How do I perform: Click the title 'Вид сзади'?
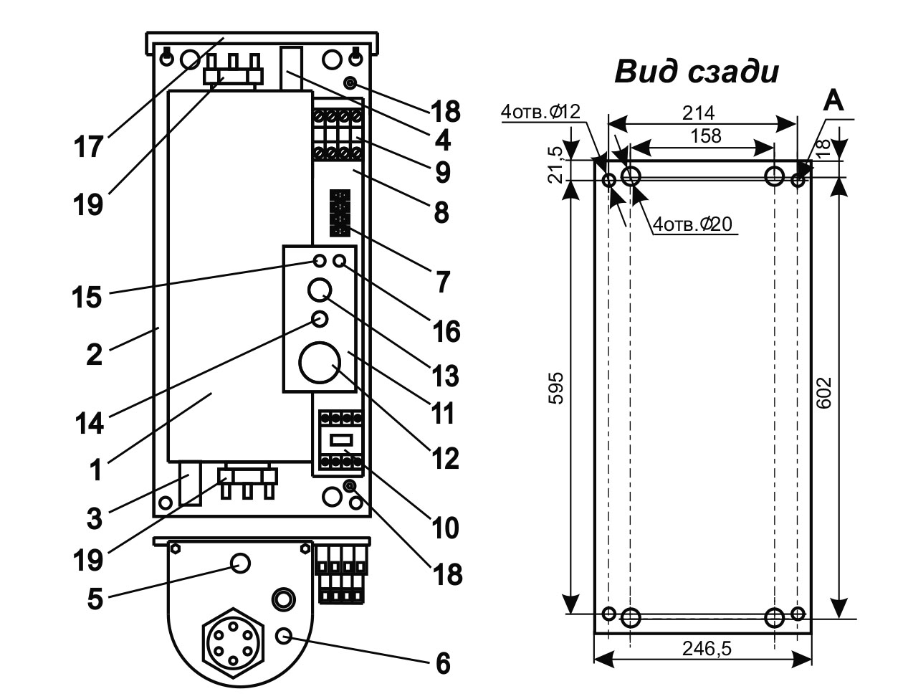point(696,72)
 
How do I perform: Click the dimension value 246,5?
point(702,649)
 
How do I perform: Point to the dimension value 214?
point(699,113)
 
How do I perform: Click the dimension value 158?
point(706,135)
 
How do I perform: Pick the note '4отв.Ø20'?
point(693,224)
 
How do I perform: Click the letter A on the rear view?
point(833,101)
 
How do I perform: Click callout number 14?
point(89,423)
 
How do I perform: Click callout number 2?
point(94,354)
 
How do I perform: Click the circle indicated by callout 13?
point(320,290)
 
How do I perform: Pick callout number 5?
point(94,599)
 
